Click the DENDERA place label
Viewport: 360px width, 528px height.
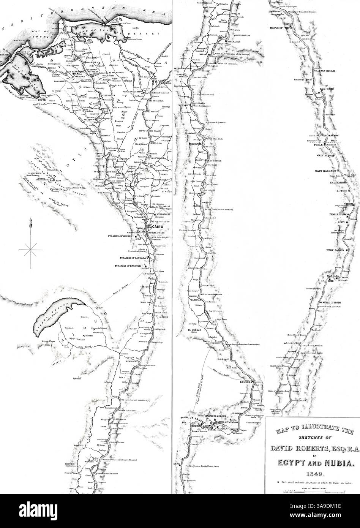(x=246, y=382)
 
